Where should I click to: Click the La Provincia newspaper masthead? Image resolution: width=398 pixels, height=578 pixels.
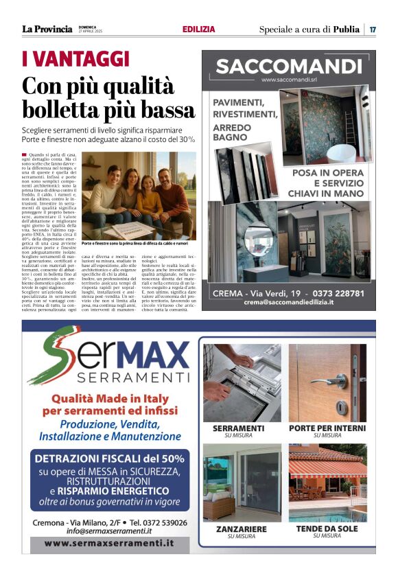click(x=47, y=29)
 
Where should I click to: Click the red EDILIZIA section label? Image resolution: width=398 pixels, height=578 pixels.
click(x=199, y=30)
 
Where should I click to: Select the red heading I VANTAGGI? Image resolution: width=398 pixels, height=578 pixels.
click(x=75, y=58)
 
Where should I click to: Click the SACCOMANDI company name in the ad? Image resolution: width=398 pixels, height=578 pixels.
click(x=288, y=67)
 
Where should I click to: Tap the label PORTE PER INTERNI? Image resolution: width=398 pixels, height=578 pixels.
click(x=327, y=428)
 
